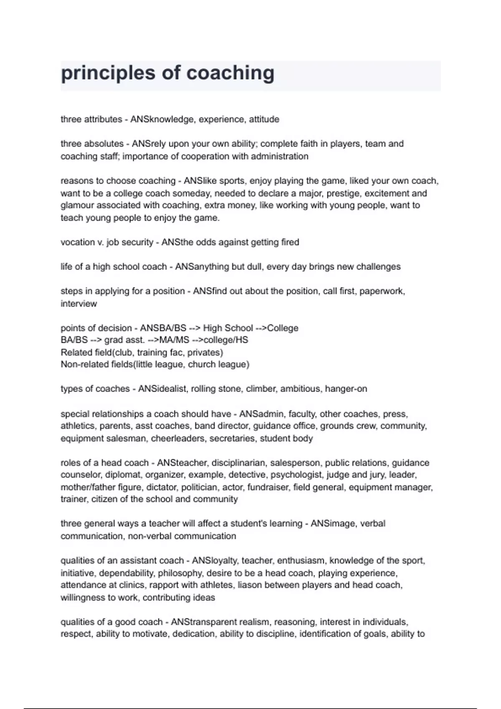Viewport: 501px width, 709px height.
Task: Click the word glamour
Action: point(76,205)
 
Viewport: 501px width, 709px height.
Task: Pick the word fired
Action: point(290,242)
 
